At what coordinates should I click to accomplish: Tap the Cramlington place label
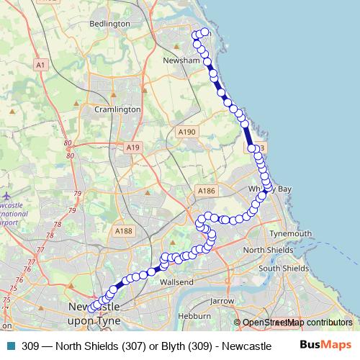118,109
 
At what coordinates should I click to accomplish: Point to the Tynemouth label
290,234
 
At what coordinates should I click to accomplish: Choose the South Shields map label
283,268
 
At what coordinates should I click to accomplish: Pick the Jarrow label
222,300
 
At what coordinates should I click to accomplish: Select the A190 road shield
186,132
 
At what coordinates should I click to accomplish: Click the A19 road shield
132,147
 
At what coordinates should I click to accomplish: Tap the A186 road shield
206,191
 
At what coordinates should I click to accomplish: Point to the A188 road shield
123,230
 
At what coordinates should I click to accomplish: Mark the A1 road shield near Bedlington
40,65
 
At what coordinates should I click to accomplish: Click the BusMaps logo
325,345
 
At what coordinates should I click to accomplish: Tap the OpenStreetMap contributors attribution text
297,323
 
